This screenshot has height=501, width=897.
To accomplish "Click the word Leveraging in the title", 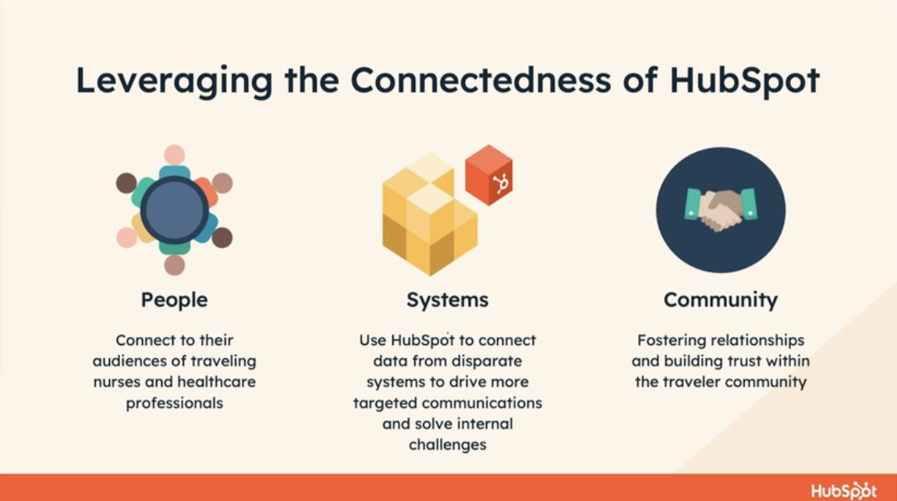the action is coord(175,80).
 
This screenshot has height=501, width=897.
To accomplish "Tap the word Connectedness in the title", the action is coord(480,80).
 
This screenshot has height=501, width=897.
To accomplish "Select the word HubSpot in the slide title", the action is coord(745,80).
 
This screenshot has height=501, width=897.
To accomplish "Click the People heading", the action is coord(175,300).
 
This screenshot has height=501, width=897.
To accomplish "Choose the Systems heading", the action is coord(448,300).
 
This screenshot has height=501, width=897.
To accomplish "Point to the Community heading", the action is coord(721,300).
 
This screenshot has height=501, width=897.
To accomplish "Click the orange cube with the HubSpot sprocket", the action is coord(489,175).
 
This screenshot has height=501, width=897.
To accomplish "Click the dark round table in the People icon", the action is coord(175,210).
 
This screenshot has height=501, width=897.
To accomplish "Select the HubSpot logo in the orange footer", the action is coord(844,491).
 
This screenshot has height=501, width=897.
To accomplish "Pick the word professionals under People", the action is coord(175,403).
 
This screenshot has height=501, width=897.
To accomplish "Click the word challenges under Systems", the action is coord(448,445).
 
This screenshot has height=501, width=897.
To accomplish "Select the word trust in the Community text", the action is coord(748,361).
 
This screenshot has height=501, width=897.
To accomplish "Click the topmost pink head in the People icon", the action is coord(175,155).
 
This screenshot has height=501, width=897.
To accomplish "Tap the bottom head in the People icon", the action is coord(175,265).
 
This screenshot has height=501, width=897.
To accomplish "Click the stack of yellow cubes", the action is coord(430,215).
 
